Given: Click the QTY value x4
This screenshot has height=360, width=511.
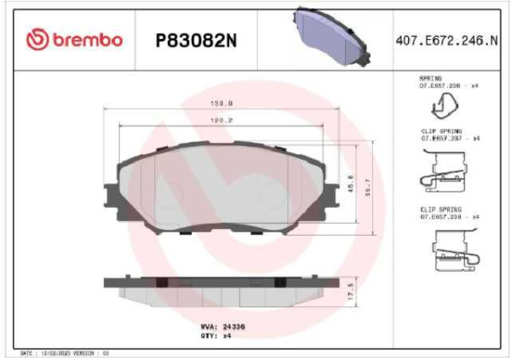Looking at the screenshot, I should tap(227, 335).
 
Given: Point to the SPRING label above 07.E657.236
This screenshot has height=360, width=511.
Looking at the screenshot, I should tap(429, 78).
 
